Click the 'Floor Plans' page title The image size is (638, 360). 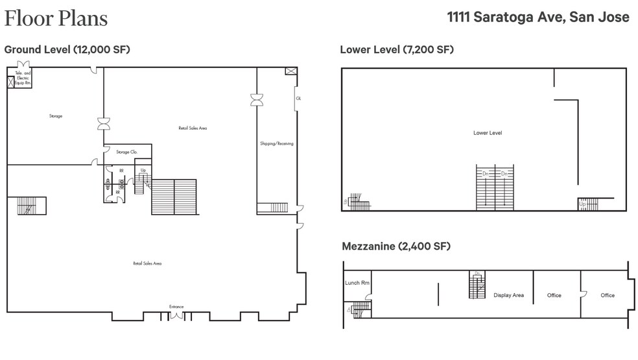(x=56, y=18)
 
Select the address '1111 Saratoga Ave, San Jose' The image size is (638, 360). (x=538, y=18)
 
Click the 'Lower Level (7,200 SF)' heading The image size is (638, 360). (x=397, y=49)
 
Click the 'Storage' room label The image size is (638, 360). (x=55, y=116)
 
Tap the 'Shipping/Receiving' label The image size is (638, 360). (x=276, y=143)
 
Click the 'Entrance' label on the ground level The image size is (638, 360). (x=176, y=307)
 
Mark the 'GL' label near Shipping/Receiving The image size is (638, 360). (x=298, y=98)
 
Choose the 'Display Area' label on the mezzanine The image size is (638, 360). (x=508, y=296)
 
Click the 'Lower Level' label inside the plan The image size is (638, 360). (x=488, y=133)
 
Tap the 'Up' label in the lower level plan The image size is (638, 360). (x=582, y=204)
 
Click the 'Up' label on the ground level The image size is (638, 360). (x=143, y=171)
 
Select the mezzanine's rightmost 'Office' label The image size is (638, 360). (x=608, y=296)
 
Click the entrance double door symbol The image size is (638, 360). (x=176, y=317)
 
